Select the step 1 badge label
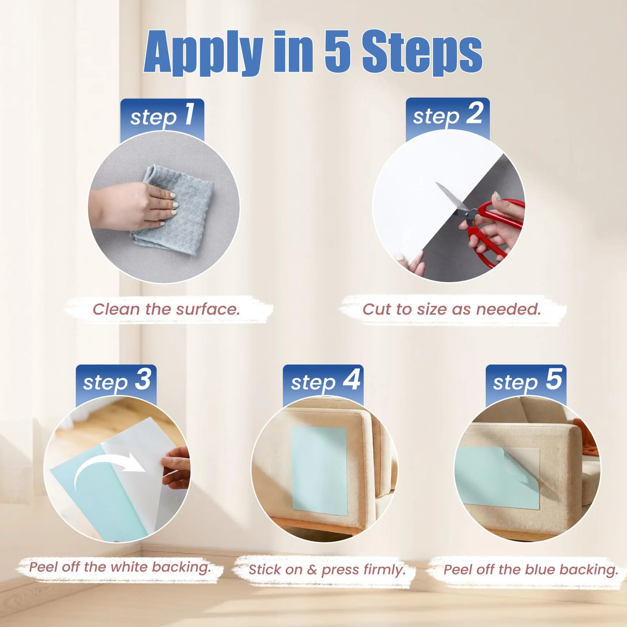click(x=162, y=116)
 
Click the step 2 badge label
click(x=448, y=115)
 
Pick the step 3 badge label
click(x=117, y=381)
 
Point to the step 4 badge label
click(x=325, y=381)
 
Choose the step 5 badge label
click(x=527, y=381)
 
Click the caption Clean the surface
click(x=166, y=309)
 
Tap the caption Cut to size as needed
click(x=451, y=309)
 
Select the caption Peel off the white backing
click(x=120, y=567)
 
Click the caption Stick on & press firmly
click(x=327, y=570)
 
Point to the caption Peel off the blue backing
click(x=531, y=570)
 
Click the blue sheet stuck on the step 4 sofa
click(x=320, y=470)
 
